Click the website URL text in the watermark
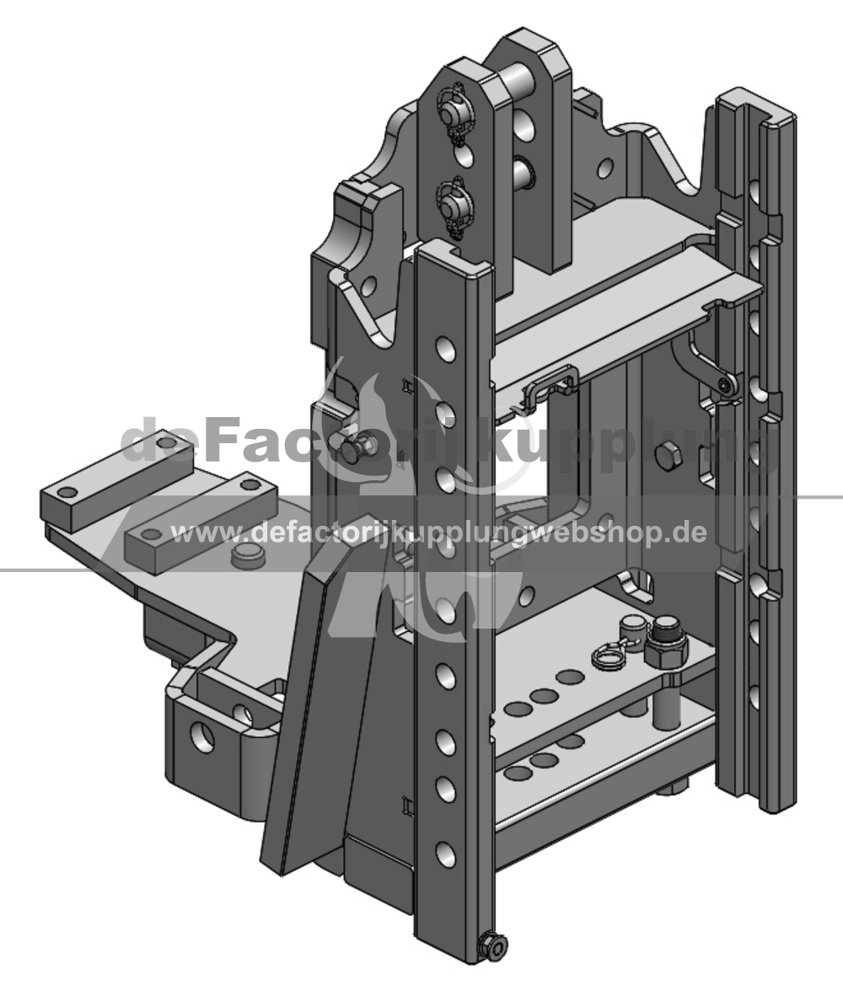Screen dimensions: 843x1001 439,532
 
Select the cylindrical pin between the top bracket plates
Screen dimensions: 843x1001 520,82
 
